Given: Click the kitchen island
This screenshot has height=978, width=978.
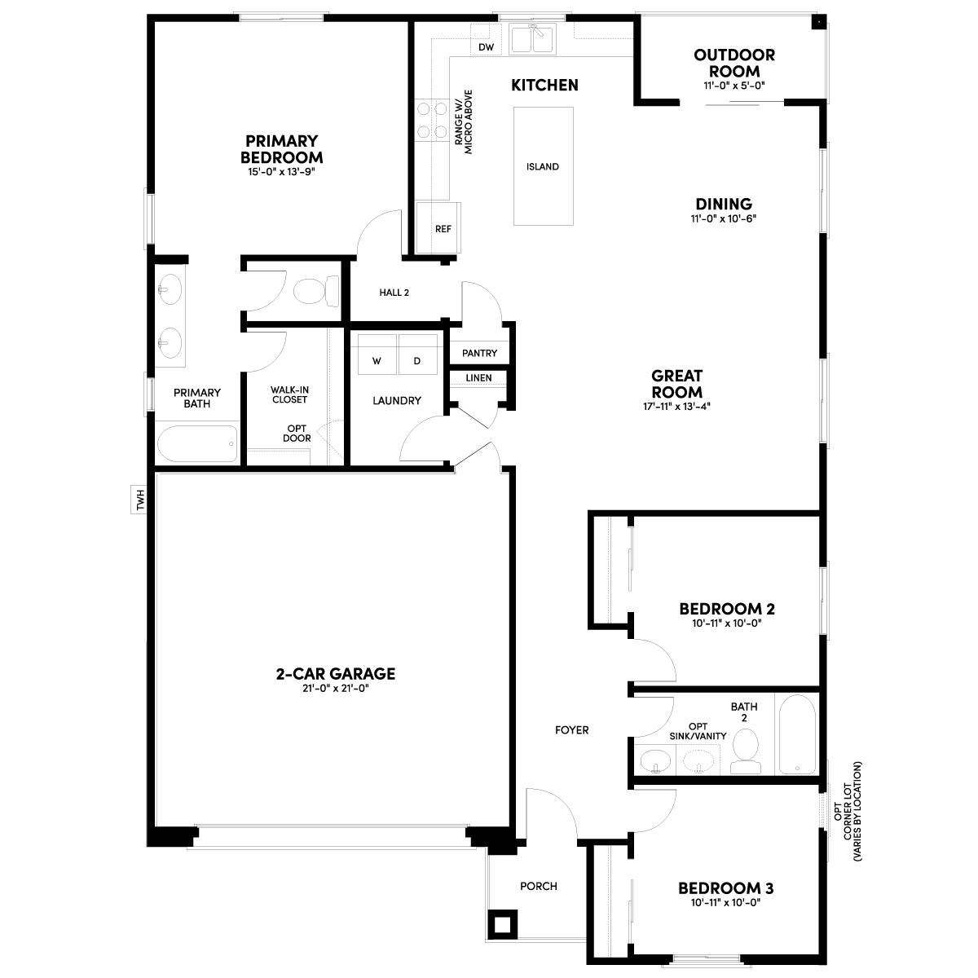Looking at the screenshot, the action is click(x=543, y=166).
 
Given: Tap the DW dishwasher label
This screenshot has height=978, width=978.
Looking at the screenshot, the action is click(x=486, y=47).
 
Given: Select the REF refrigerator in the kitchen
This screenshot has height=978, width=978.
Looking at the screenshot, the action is click(x=438, y=227).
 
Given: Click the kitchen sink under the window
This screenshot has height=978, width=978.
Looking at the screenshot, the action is click(x=532, y=38).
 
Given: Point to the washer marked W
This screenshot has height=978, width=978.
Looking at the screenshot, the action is click(x=377, y=355).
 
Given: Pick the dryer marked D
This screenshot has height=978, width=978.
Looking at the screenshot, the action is click(x=418, y=355).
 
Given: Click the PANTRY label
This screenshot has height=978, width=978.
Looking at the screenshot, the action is click(x=479, y=353).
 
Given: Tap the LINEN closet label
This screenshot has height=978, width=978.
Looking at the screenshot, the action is click(x=478, y=377).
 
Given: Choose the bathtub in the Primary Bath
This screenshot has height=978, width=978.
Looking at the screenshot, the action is click(x=197, y=443).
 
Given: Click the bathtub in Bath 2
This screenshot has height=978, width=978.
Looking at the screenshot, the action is click(x=797, y=734).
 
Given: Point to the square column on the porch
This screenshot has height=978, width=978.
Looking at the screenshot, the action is click(x=503, y=924).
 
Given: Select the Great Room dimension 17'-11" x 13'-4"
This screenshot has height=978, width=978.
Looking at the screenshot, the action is click(x=676, y=406).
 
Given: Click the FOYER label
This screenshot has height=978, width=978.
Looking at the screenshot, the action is click(x=572, y=729).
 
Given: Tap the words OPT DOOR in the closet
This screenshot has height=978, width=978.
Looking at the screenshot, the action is click(x=297, y=434).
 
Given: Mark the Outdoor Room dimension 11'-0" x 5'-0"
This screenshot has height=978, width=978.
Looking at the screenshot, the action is click(x=733, y=86).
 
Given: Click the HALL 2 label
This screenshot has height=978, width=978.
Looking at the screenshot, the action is click(x=394, y=293).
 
